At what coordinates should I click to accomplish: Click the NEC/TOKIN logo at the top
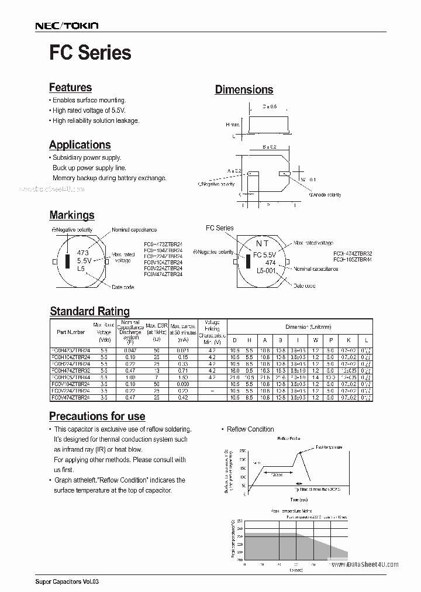[x=67, y=26]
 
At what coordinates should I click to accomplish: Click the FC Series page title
[x=90, y=53]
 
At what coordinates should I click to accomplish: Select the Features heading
[x=70, y=88]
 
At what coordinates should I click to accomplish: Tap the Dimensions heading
[x=244, y=90]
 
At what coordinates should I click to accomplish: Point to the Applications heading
[x=80, y=145]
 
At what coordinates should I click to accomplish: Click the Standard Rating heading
[x=89, y=311]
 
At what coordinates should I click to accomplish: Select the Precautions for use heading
[x=97, y=416]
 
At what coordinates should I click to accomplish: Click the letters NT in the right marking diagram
[x=262, y=243]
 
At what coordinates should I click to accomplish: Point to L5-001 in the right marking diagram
[x=266, y=272]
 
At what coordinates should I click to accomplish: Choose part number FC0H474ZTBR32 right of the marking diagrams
[x=353, y=253]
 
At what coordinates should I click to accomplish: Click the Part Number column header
[x=71, y=332]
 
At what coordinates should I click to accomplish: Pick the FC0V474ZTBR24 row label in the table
[x=71, y=397]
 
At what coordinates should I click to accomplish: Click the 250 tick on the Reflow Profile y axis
[x=243, y=452]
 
